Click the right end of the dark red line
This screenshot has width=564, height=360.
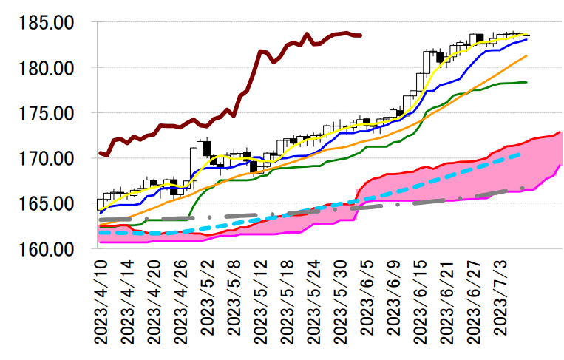point(360,35)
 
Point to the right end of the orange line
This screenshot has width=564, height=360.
point(526,55)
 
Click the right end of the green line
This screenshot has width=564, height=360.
point(526,82)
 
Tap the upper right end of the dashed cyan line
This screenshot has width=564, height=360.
point(522,154)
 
